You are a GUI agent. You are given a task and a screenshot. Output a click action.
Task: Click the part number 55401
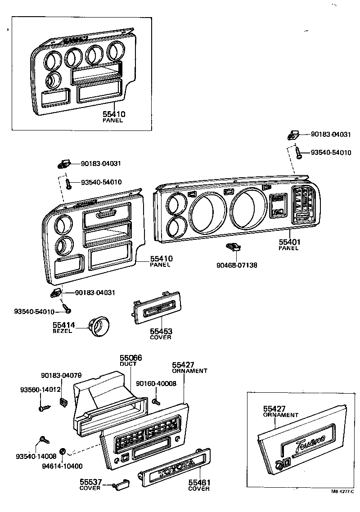pyautogui.click(x=289, y=242)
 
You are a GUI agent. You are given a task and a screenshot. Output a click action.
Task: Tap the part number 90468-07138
pyautogui.click(x=236, y=265)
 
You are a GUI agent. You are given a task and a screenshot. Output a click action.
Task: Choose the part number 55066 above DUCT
pyautogui.click(x=130, y=358)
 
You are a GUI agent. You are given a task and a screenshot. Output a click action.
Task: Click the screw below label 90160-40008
pyautogui.click(x=155, y=401)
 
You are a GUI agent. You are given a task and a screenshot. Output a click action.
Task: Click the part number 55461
pyautogui.click(x=199, y=483)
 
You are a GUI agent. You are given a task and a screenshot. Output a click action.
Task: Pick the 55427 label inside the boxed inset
pyautogui.click(x=274, y=409)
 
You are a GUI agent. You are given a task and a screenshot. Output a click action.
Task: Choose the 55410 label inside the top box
pyautogui.click(x=113, y=115)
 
